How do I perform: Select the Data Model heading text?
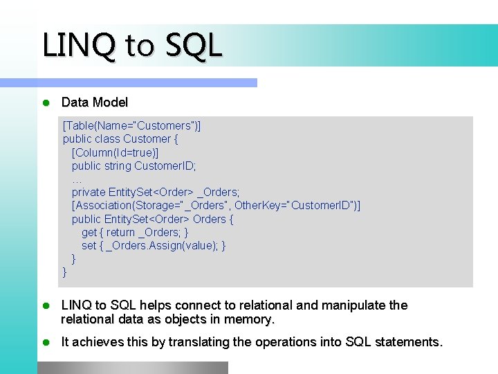point(95,103)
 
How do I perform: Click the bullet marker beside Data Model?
point(46,103)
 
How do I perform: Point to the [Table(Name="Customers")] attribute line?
point(132,125)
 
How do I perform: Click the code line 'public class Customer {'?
point(120,139)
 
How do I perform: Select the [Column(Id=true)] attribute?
point(115,152)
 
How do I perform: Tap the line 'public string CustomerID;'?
point(133,166)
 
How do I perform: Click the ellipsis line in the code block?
point(76,179)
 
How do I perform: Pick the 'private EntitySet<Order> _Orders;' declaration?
point(156,192)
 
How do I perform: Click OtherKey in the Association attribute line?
point(259,206)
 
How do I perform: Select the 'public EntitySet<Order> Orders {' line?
point(152,219)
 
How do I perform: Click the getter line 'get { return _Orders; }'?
point(135,232)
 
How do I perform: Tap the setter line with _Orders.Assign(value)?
point(154,245)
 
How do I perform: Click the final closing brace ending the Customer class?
point(65,272)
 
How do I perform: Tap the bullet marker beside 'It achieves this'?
point(46,342)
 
